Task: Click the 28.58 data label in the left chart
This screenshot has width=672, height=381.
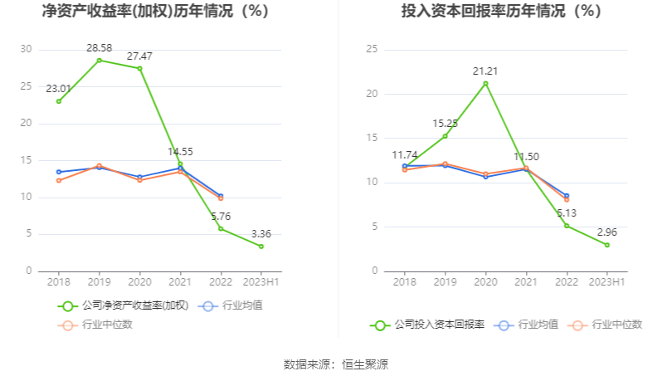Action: (x=99, y=48)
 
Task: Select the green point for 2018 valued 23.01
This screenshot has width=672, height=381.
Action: (x=58, y=101)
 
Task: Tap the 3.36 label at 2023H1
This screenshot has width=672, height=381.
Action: (x=261, y=234)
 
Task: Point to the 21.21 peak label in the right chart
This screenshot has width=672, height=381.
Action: (x=485, y=71)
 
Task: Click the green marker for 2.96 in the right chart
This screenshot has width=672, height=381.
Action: (x=607, y=245)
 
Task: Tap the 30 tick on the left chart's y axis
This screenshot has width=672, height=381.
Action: (x=27, y=50)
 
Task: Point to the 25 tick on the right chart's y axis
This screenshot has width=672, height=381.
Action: (x=373, y=50)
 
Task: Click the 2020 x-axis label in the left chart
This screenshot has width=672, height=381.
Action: (x=139, y=282)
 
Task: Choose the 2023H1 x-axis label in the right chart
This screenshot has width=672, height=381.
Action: (x=606, y=282)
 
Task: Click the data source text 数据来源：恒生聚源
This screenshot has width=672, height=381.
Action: (x=336, y=364)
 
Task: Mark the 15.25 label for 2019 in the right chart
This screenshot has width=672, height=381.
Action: (x=445, y=124)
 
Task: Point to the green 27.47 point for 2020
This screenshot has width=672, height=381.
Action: (x=139, y=68)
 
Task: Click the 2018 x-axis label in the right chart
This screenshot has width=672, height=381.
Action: (x=404, y=282)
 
